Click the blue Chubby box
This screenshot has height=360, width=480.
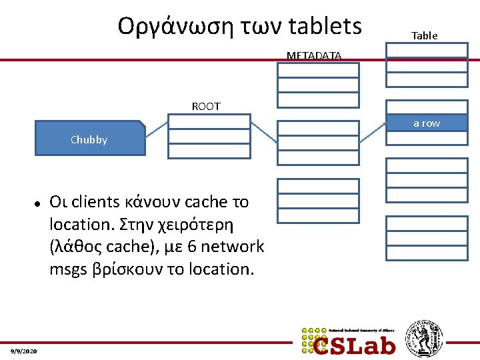pyautogui.click(x=89, y=138)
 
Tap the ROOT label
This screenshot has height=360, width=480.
pyautogui.click(x=206, y=106)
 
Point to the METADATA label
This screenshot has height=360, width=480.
pyautogui.click(x=314, y=56)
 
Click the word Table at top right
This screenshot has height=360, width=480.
pyautogui.click(x=424, y=36)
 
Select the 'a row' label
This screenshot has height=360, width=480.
pyautogui.click(x=427, y=123)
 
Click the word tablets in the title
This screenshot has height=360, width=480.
pyautogui.click(x=326, y=26)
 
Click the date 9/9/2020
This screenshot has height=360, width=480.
pyautogui.click(x=24, y=351)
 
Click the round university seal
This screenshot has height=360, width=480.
pyautogui.click(x=424, y=338)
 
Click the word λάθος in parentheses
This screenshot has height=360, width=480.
pyautogui.click(x=79, y=247)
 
